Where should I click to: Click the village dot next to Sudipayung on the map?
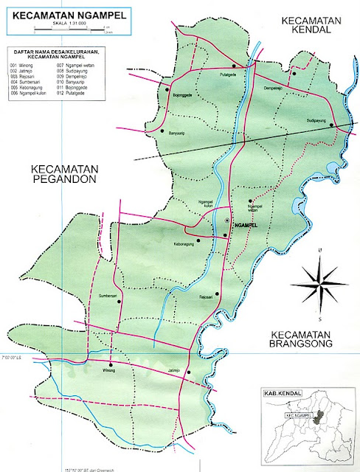coord(333,125)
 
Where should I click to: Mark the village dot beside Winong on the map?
coord(110,364)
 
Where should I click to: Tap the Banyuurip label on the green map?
coord(179,134)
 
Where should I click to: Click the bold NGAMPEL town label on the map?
coord(243,223)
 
